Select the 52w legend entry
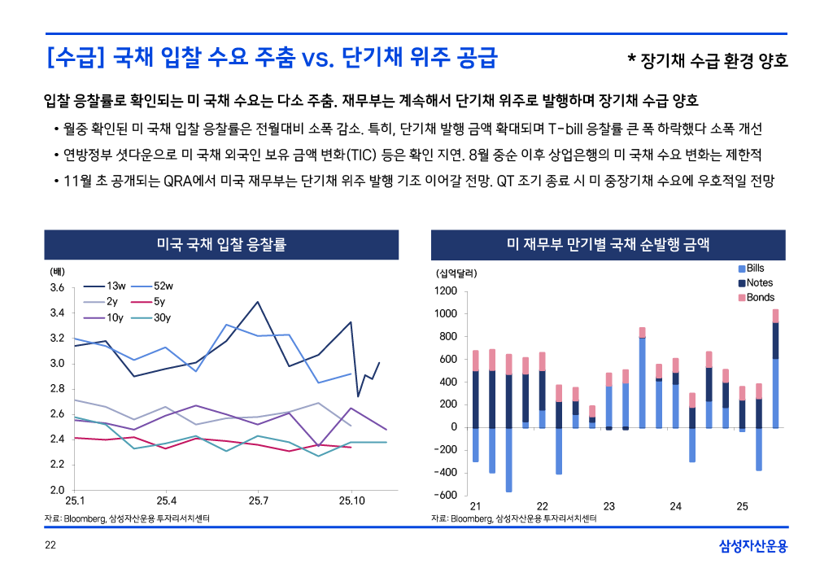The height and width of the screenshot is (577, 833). [x=163, y=286]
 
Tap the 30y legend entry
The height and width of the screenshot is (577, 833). [x=162, y=317]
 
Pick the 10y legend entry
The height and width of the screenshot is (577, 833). [x=115, y=317]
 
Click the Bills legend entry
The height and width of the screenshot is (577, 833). [x=755, y=268]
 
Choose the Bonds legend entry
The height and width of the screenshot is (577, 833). [x=760, y=298]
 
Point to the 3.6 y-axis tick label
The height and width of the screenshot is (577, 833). [x=57, y=288]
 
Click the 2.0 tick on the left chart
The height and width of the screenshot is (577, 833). [x=57, y=491]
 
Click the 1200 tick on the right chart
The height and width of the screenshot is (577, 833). [x=446, y=291]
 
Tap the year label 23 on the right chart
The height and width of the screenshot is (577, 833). [x=608, y=507]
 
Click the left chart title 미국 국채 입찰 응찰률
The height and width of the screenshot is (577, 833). [x=220, y=243]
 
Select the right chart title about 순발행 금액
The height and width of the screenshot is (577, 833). [x=608, y=243]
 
